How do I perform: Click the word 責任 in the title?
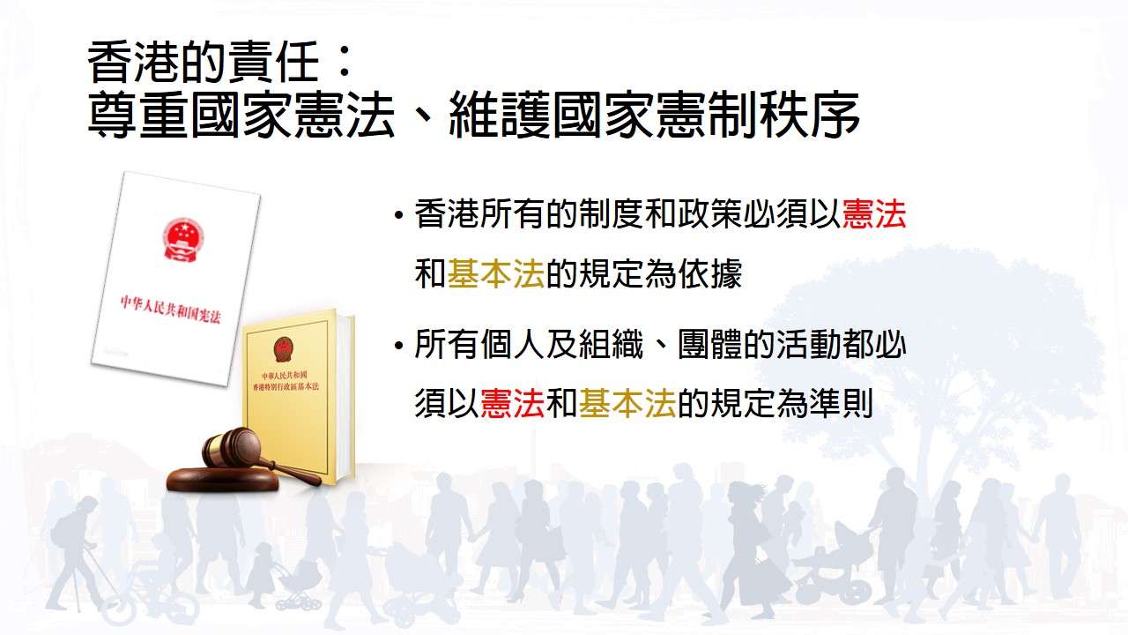click(x=267, y=63)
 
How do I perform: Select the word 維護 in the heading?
click(x=498, y=115)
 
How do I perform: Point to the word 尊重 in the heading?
click(x=138, y=115)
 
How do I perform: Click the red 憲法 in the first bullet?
click(x=873, y=214)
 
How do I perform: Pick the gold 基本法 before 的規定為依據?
click(x=495, y=273)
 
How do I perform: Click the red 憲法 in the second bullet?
click(x=512, y=403)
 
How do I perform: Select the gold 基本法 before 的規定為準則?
click(x=627, y=403)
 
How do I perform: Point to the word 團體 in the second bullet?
click(x=709, y=344)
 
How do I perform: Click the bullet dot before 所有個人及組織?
click(x=399, y=346)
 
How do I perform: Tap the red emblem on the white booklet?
click(x=182, y=239)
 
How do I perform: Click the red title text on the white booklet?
click(x=170, y=310)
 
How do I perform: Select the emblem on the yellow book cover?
click(x=284, y=349)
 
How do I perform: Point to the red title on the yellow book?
click(x=285, y=382)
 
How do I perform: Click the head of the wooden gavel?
click(x=232, y=446)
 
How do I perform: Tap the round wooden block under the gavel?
click(x=222, y=479)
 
